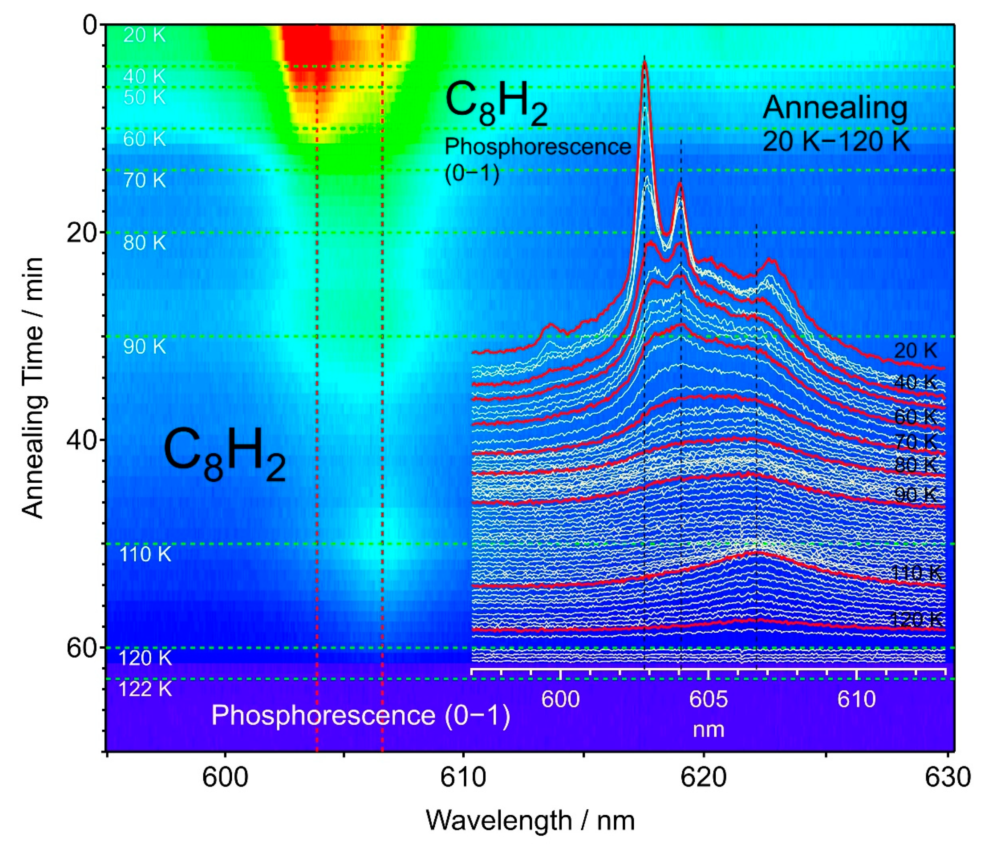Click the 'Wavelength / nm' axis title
(530, 821)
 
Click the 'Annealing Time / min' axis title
(33, 388)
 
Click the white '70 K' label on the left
(144, 180)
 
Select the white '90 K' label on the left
(144, 347)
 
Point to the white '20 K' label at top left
(144, 35)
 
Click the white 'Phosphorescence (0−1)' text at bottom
(361, 715)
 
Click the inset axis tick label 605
(708, 699)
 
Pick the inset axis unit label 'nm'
(708, 730)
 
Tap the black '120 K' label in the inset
(917, 620)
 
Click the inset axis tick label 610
(856, 699)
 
